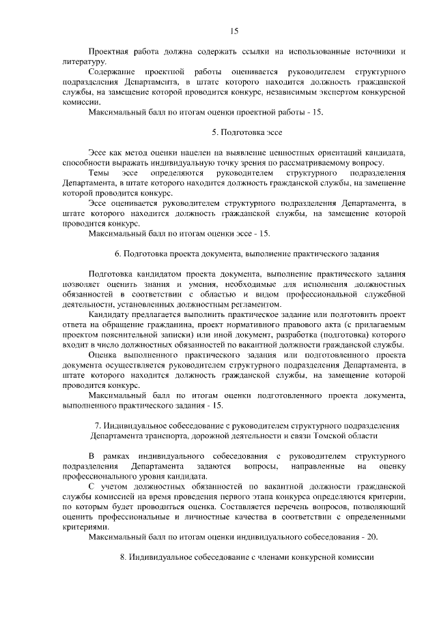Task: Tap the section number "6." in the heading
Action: [x=118, y=254]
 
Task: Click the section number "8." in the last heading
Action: [x=124, y=557]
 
